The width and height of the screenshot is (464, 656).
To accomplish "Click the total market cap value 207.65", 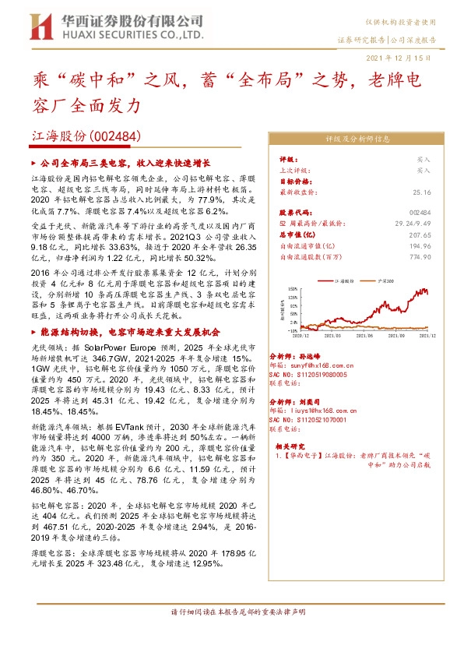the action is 420,234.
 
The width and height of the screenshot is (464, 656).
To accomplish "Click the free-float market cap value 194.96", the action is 420,245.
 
